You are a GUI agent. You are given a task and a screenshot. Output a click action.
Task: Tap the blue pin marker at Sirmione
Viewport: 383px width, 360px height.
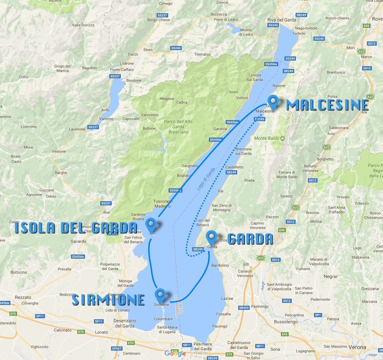(161, 295)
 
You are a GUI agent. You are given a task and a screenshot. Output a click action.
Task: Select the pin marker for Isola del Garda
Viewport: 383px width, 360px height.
(151, 225)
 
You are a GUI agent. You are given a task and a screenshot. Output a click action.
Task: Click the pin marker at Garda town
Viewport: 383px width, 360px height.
(211, 238)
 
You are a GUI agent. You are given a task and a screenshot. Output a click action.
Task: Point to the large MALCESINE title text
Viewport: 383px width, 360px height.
(327, 105)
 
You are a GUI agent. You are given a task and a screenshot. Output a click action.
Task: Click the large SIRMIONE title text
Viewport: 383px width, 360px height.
(108, 300)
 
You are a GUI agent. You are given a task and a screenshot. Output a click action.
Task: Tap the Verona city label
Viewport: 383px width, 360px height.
(357, 347)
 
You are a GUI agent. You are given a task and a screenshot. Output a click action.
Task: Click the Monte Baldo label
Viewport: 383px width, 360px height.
(267, 138)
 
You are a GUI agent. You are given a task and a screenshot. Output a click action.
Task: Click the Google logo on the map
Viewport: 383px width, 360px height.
(175, 353)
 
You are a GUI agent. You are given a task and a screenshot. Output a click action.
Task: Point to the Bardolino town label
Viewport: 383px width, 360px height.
(220, 265)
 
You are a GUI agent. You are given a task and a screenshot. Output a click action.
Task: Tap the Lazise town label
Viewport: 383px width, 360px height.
(227, 298)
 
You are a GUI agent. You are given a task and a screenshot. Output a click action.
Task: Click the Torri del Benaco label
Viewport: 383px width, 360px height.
(203, 222)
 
